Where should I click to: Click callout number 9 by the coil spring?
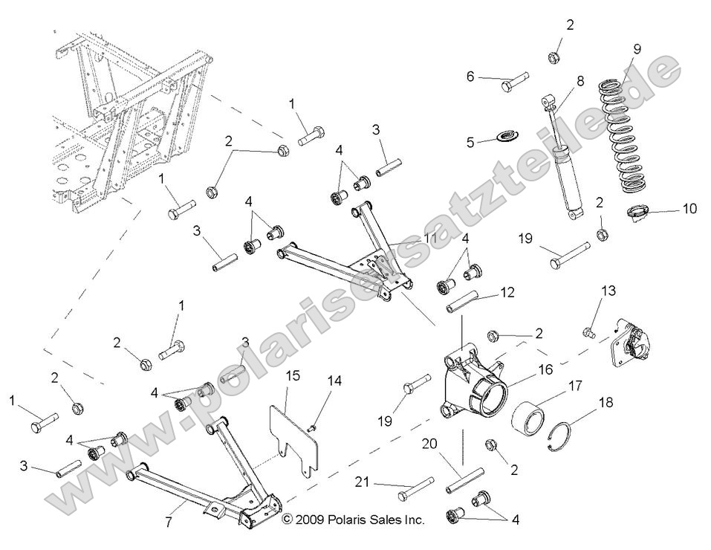click(637, 50)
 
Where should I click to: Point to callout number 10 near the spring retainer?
click(689, 209)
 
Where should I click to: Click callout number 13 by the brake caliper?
click(608, 291)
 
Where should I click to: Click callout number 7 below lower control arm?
click(169, 522)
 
